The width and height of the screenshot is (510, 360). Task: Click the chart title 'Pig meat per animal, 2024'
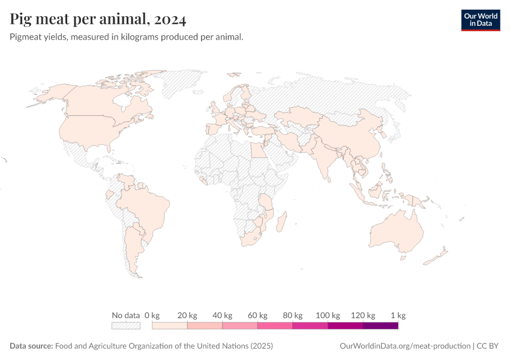point(98,19)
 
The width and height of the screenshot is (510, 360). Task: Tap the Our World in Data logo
point(480,19)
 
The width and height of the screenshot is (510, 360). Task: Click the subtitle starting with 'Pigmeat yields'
point(127,37)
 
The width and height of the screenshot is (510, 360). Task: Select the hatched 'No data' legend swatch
point(125,326)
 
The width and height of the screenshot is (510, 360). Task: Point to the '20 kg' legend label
point(187,315)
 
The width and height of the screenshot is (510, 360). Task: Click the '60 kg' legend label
point(257,315)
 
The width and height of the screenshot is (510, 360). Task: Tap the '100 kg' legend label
point(328,315)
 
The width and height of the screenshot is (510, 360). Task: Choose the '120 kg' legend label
point(363,315)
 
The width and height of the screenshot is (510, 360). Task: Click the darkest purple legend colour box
point(380,326)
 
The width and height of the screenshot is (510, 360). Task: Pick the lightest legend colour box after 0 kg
point(170,326)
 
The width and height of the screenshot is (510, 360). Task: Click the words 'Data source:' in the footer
point(31,346)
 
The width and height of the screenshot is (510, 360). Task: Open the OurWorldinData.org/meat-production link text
point(404,346)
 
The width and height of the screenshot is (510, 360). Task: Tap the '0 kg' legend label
point(152,315)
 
